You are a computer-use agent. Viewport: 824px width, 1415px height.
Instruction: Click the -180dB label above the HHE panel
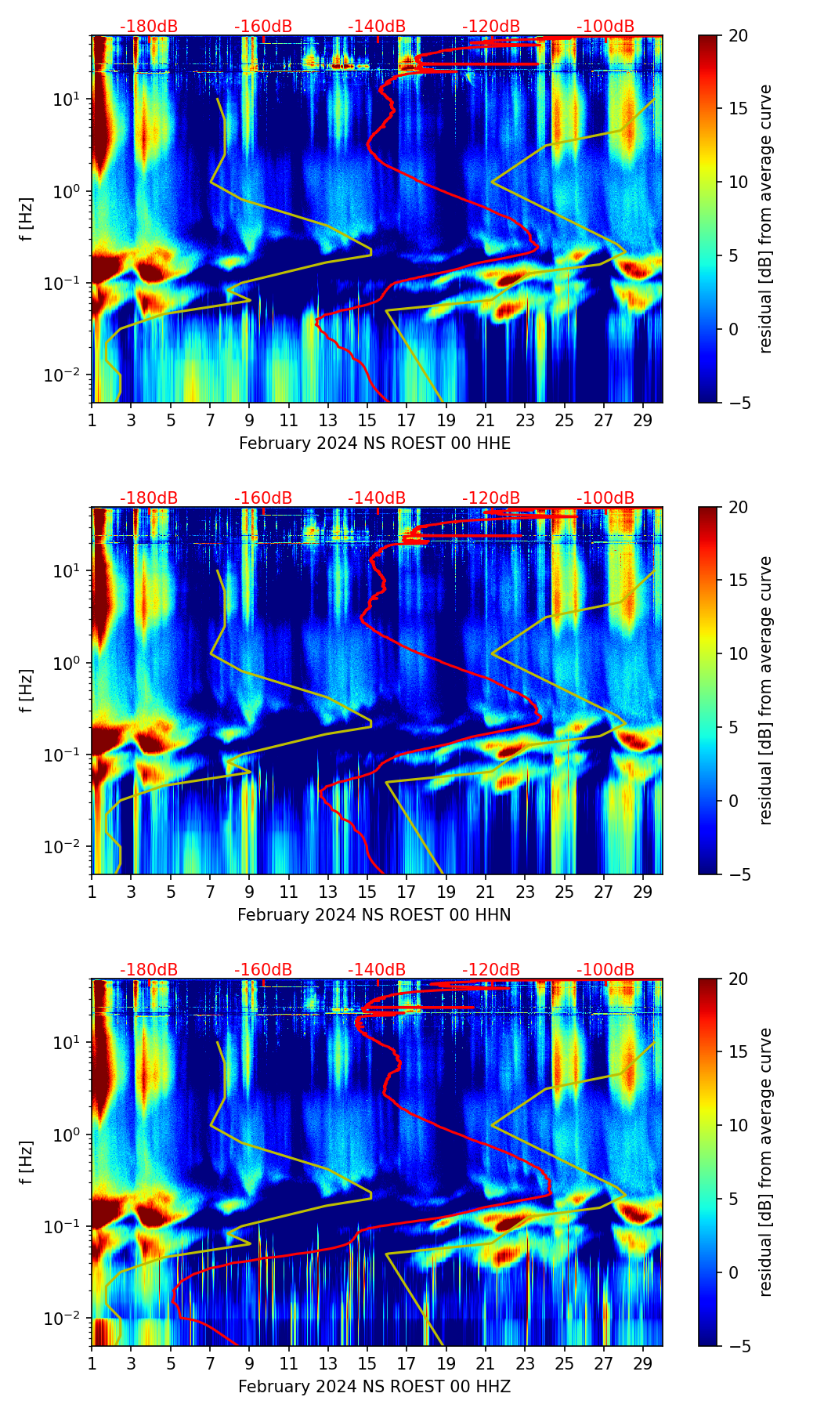149,27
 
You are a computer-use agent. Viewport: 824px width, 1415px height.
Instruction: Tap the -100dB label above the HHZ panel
605,970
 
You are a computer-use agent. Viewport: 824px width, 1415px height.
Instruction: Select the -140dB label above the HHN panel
377,498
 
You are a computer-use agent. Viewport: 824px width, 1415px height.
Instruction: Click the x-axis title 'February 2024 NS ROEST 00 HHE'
374,443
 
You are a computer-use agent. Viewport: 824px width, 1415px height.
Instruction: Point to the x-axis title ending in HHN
374,915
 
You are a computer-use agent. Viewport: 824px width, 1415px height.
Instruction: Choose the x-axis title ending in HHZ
374,1387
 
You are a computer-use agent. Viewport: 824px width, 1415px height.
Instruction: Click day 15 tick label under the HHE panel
367,420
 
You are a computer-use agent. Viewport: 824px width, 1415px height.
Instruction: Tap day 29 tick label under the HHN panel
643,892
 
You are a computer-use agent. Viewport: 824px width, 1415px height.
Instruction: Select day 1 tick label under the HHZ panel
92,1363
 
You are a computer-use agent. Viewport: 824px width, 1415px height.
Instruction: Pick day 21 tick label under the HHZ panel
486,1363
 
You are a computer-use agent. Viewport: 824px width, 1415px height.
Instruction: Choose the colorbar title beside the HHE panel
766,219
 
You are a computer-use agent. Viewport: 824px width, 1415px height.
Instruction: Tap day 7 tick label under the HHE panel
210,420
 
